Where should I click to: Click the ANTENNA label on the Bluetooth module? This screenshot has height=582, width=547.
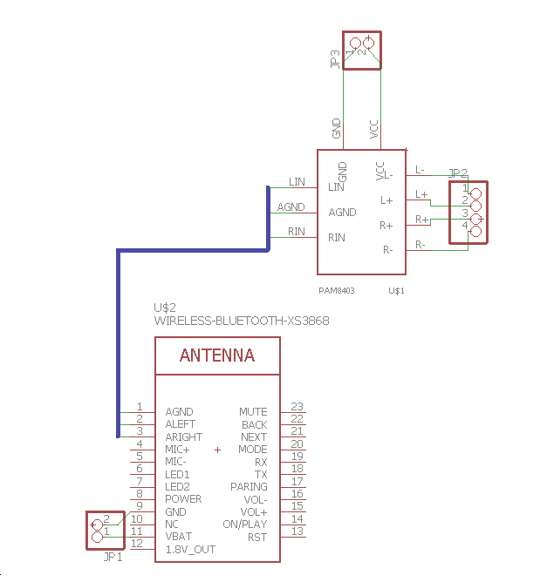[217, 355]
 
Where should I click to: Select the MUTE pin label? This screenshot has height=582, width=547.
[253, 411]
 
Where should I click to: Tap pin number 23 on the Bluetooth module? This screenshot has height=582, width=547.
[297, 406]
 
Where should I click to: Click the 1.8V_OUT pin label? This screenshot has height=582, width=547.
[190, 550]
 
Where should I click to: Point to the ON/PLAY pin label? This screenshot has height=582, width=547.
[245, 524]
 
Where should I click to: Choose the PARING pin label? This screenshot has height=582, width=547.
[249, 486]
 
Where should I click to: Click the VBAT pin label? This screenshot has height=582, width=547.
[179, 537]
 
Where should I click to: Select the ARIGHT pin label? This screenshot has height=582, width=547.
[183, 436]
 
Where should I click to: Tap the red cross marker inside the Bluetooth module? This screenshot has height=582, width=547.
[217, 450]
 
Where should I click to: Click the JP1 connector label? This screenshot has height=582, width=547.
[113, 557]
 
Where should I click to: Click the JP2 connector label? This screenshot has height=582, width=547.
[458, 173]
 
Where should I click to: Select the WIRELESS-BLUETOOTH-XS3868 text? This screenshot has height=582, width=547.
[241, 321]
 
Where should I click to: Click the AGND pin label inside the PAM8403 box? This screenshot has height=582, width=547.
[342, 212]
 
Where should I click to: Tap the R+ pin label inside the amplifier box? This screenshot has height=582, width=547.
[386, 226]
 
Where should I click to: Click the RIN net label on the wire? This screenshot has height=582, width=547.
[297, 232]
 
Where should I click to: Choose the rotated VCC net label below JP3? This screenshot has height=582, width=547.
[374, 131]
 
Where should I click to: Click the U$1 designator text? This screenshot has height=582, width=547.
[397, 289]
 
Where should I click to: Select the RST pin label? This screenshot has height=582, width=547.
[257, 537]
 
